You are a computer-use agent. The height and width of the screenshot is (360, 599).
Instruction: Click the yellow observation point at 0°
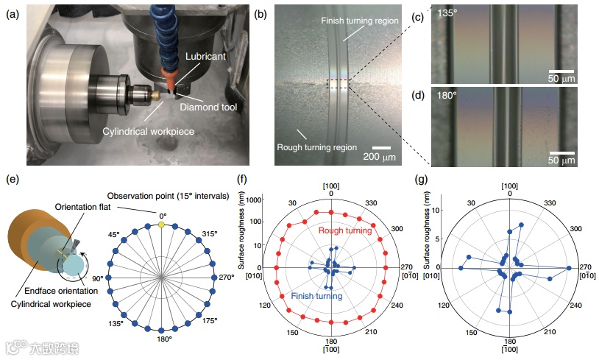163,223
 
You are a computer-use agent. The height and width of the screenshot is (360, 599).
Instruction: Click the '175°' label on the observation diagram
210,321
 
